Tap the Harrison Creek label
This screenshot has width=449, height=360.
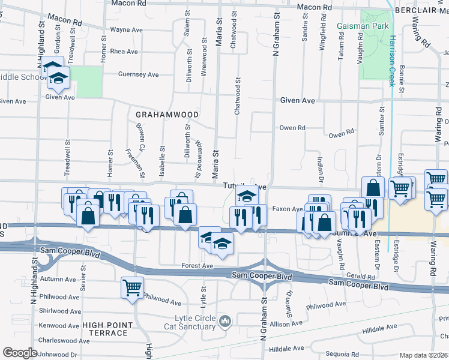392,60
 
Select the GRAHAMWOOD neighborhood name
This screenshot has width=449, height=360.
167,114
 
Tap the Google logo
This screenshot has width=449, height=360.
20,353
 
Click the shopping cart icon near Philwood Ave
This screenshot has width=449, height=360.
132,287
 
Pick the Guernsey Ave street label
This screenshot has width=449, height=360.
139,74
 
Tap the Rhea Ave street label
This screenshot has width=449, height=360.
124,52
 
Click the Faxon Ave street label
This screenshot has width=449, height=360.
288,209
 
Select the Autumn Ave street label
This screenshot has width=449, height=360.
59,279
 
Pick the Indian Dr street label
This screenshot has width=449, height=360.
320,167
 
